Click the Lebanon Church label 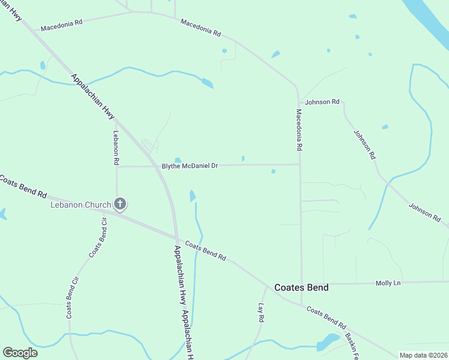[80, 205]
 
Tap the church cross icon [120, 205]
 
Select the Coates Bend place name [301, 287]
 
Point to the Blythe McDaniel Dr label [189, 166]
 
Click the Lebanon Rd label [116, 149]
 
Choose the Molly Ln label [387, 283]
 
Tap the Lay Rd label [261, 313]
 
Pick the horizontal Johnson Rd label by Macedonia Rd [322, 102]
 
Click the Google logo [20, 353]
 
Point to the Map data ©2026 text [423, 355]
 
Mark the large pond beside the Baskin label [328, 341]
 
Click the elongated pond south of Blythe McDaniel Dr [193, 196]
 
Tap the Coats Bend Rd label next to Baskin [326, 318]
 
